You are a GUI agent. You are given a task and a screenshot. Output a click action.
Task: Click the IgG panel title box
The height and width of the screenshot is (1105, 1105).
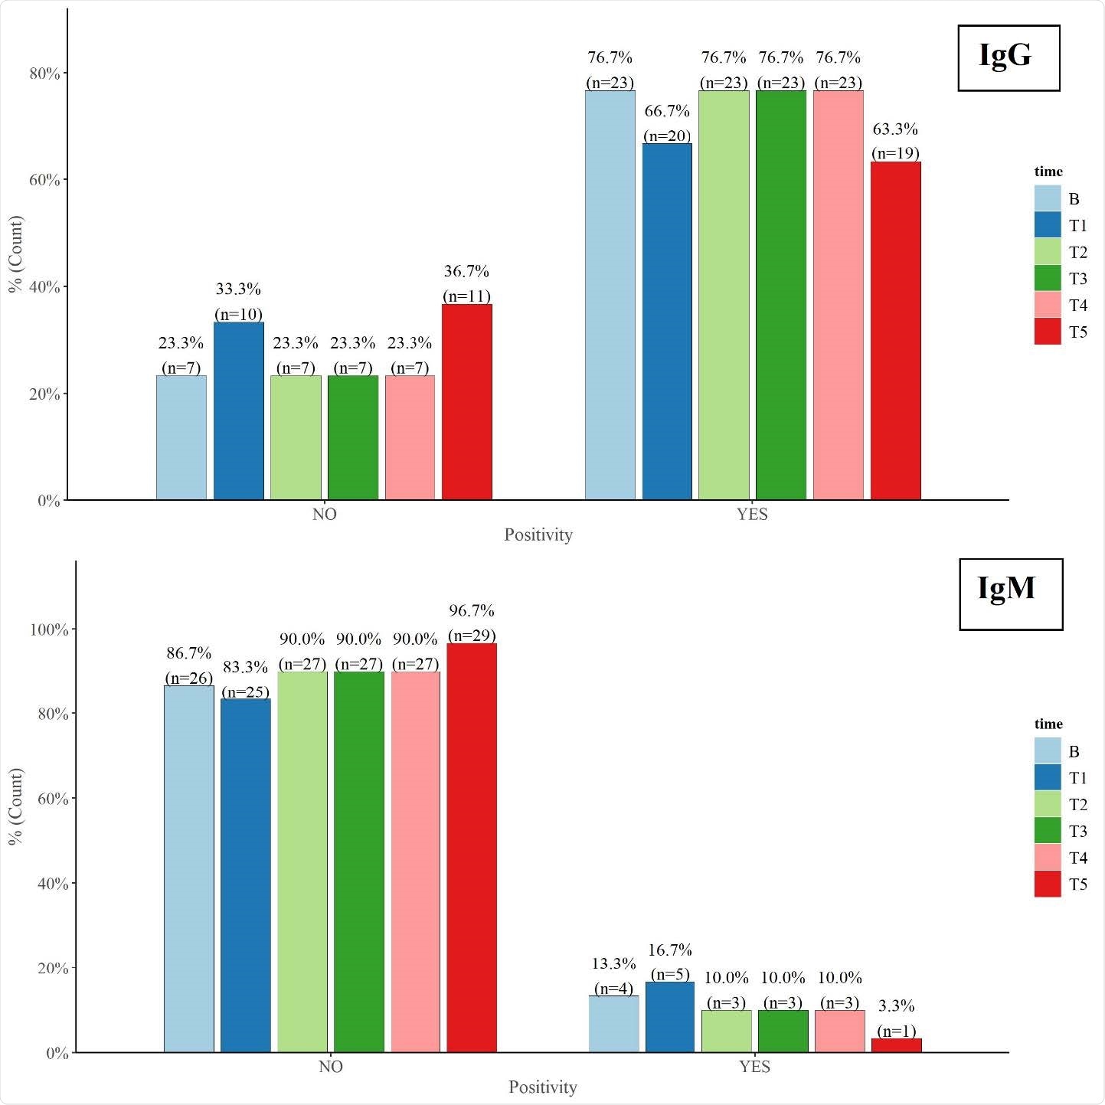[x=1009, y=58]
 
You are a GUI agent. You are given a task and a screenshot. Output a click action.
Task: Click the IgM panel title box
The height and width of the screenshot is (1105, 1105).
[x=1010, y=594]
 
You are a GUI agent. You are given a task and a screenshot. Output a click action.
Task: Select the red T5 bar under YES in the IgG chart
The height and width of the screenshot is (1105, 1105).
[x=895, y=331]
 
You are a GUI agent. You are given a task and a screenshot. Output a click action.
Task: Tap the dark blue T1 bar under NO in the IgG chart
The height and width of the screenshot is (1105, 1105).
[x=238, y=411]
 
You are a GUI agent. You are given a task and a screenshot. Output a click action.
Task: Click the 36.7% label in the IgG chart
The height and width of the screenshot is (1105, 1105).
[x=466, y=271]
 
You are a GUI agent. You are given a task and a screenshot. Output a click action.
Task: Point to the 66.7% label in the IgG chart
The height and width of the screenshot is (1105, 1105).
[x=667, y=111]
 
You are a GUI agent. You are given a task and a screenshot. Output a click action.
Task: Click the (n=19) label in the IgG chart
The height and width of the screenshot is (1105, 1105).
[x=895, y=153]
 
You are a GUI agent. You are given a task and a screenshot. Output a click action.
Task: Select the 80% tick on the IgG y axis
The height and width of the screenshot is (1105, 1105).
[x=44, y=73]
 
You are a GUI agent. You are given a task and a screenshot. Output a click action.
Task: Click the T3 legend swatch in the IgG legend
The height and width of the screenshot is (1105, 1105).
[x=1047, y=279]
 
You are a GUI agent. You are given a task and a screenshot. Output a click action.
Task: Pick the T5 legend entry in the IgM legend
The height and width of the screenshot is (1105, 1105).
[x=1061, y=884]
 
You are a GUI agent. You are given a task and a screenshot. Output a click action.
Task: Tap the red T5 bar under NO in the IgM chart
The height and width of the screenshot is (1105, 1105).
[x=472, y=848]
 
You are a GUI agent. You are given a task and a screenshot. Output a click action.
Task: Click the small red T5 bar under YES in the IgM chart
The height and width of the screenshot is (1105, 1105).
[x=896, y=1045]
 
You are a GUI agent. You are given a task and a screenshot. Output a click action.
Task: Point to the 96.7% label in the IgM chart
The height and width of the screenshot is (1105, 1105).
[x=472, y=610]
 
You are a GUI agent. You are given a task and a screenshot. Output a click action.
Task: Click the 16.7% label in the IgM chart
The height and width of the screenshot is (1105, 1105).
[x=670, y=950]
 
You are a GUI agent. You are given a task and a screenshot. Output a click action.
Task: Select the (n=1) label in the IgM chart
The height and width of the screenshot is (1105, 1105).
[x=896, y=1031]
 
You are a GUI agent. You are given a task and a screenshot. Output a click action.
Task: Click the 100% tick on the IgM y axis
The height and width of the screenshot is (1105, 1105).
[x=49, y=629]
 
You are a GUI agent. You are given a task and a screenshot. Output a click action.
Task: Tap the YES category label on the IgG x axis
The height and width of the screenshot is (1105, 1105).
[x=752, y=515]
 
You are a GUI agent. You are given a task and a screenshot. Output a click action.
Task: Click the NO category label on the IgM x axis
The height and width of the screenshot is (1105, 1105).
[x=331, y=1067]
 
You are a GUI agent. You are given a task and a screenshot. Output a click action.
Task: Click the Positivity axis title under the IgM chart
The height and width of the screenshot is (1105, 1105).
[x=542, y=1087]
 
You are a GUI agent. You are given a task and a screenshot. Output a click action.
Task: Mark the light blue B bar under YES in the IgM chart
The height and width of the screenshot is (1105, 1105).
[x=613, y=1024]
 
